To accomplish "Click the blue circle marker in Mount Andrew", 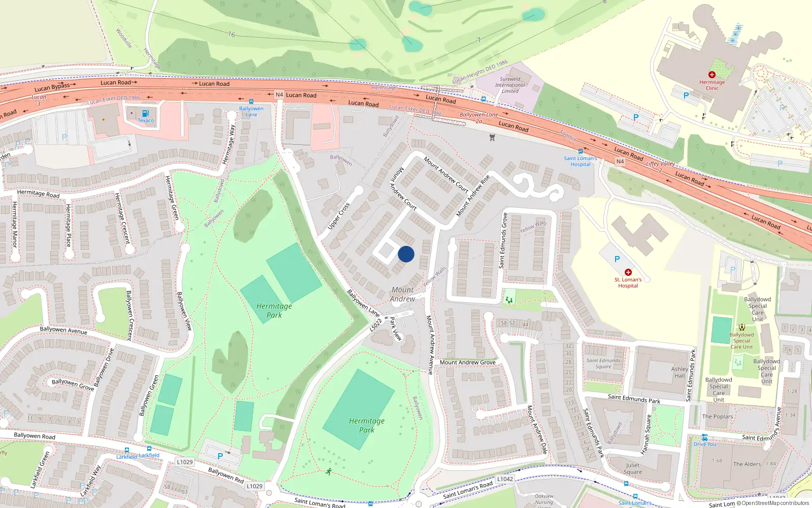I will [406, 254].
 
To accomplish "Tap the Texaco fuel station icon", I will [146, 113].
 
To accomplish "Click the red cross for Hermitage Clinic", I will [712, 75].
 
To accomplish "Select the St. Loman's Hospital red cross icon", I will [628, 272].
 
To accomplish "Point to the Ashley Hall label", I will [680, 372].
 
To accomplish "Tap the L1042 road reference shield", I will [505, 479].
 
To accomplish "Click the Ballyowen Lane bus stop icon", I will [251, 102].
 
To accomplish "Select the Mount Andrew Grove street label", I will [467, 362].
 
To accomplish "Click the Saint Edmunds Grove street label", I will [503, 240].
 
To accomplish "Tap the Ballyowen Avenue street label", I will [63, 330].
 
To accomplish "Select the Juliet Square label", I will [633, 468].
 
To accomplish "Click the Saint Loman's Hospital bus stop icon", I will [581, 151].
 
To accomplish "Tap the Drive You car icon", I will [704, 437].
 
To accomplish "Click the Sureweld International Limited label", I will [510, 85].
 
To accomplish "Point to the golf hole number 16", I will [231, 35].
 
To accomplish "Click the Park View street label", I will [395, 329].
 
